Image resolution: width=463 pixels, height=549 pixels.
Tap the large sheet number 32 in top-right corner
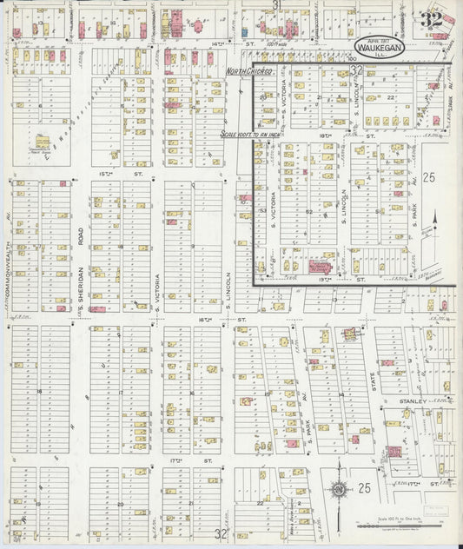click(431, 19)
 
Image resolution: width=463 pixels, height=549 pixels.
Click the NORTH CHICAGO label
click(249, 70)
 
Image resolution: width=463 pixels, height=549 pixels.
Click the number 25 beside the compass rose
click(364, 489)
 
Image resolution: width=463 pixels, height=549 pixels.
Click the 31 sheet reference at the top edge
click(276, 5)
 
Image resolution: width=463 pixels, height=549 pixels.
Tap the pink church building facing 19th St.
click(320, 268)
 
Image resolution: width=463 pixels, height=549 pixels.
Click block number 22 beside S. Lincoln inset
click(391, 97)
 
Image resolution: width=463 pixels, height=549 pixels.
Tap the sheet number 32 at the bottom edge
click(222, 533)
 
